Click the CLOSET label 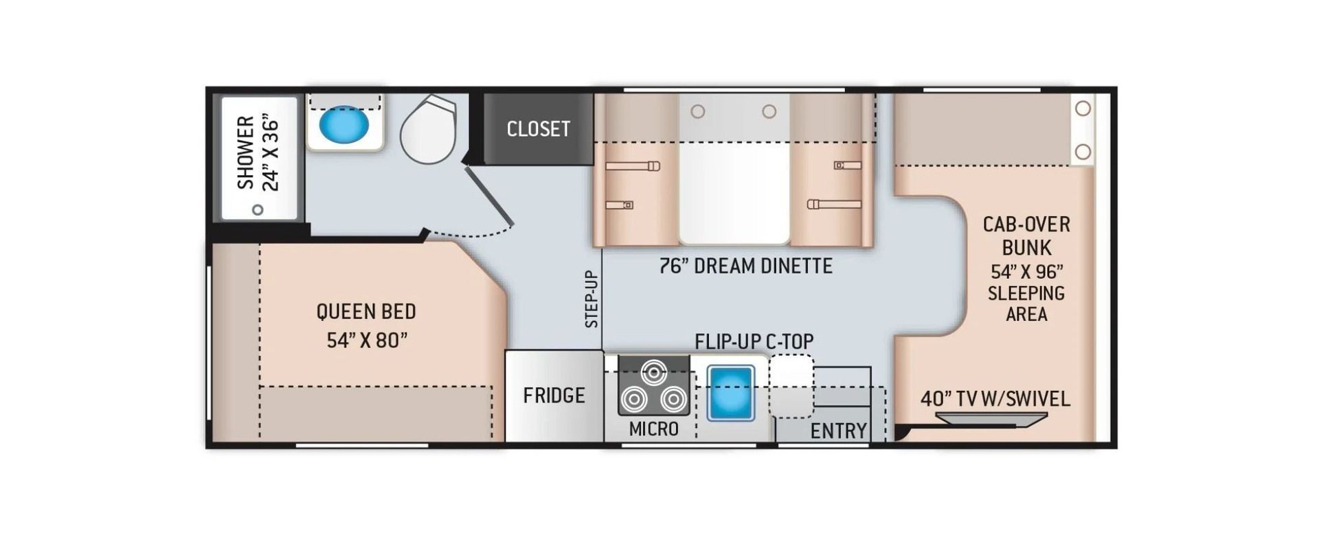[x=538, y=128]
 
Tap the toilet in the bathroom [x=428, y=129]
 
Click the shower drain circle [x=258, y=209]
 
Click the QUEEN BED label [x=366, y=311]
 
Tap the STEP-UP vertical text [x=591, y=299]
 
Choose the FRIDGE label [x=554, y=395]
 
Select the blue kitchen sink [x=731, y=393]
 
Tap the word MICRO [x=653, y=429]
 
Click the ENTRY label [x=838, y=431]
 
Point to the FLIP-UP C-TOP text [x=754, y=341]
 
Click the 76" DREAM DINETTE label [x=745, y=266]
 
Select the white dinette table [x=734, y=169]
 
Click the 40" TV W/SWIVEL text [x=995, y=398]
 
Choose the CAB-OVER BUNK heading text [x=1026, y=236]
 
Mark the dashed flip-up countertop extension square [x=791, y=386]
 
